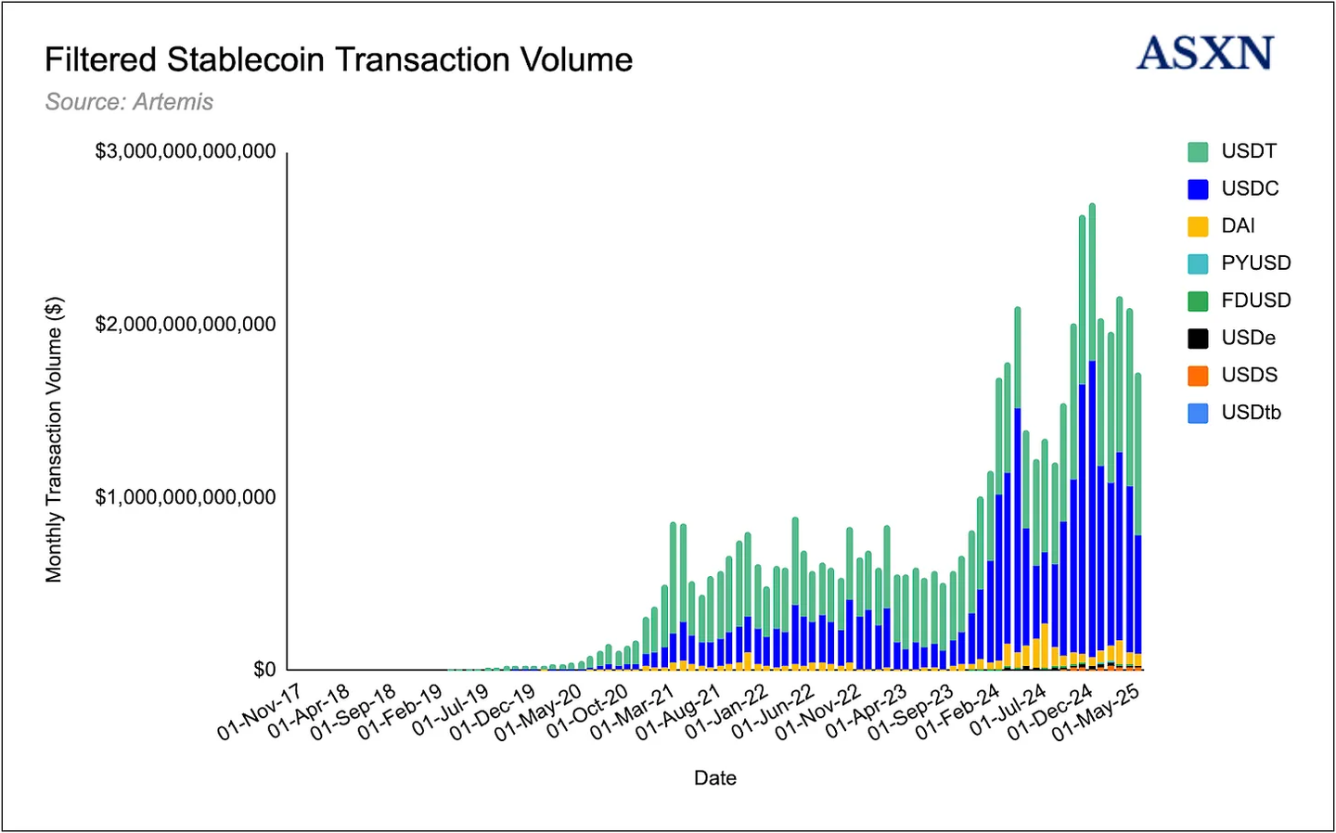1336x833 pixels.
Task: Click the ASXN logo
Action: click(1205, 54)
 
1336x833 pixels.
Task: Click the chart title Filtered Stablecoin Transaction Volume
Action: click(339, 60)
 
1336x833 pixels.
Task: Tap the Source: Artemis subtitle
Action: click(129, 102)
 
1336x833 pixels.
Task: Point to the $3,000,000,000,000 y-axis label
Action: click(186, 151)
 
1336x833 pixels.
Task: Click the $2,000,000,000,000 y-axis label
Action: click(186, 325)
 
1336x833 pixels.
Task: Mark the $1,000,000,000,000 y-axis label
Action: click(186, 497)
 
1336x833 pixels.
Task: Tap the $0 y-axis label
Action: click(264, 670)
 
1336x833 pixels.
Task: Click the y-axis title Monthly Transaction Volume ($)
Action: click(54, 440)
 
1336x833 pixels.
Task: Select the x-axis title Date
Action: click(715, 778)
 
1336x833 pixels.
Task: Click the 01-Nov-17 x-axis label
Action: click(261, 712)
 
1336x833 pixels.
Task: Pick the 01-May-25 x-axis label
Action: click(1096, 712)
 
